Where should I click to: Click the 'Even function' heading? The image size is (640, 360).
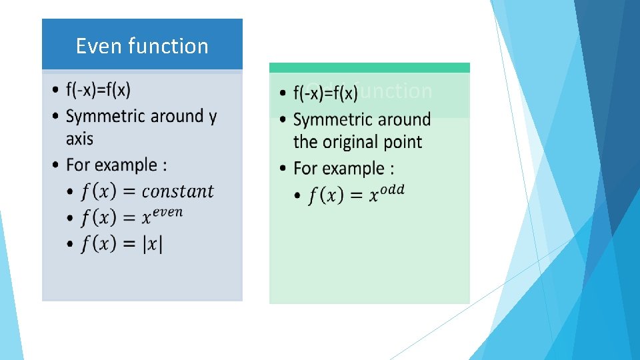(x=142, y=46)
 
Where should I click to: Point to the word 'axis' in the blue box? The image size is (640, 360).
(x=79, y=139)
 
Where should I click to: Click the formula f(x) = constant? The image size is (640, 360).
(x=147, y=191)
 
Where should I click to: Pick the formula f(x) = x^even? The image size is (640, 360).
(x=131, y=217)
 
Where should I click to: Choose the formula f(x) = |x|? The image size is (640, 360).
(x=122, y=244)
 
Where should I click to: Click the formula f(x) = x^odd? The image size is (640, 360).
(x=356, y=195)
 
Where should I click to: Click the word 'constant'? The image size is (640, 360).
(x=178, y=191)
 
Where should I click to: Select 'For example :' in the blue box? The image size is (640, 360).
(x=117, y=165)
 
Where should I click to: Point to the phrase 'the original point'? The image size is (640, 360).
(x=357, y=142)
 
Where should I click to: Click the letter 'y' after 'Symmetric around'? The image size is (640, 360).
(x=212, y=117)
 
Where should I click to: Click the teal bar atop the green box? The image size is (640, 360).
(x=369, y=67)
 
